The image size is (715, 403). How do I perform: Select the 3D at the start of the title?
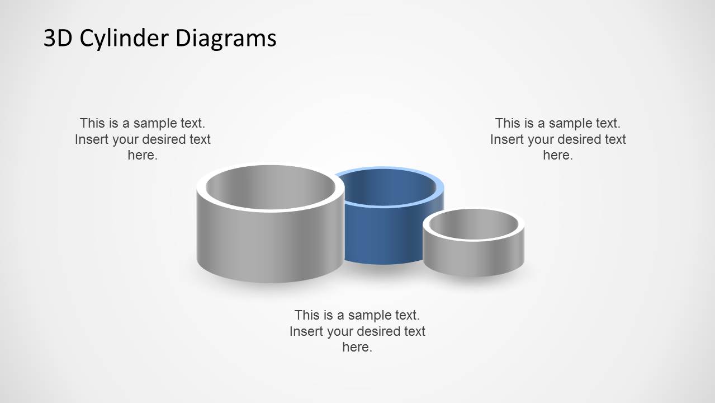click(58, 38)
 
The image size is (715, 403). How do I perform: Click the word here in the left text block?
click(141, 155)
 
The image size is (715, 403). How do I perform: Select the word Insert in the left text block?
click(92, 139)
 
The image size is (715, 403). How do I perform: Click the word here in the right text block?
click(556, 155)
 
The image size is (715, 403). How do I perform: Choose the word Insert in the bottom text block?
click(306, 331)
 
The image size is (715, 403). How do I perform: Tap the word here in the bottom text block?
click(356, 347)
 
